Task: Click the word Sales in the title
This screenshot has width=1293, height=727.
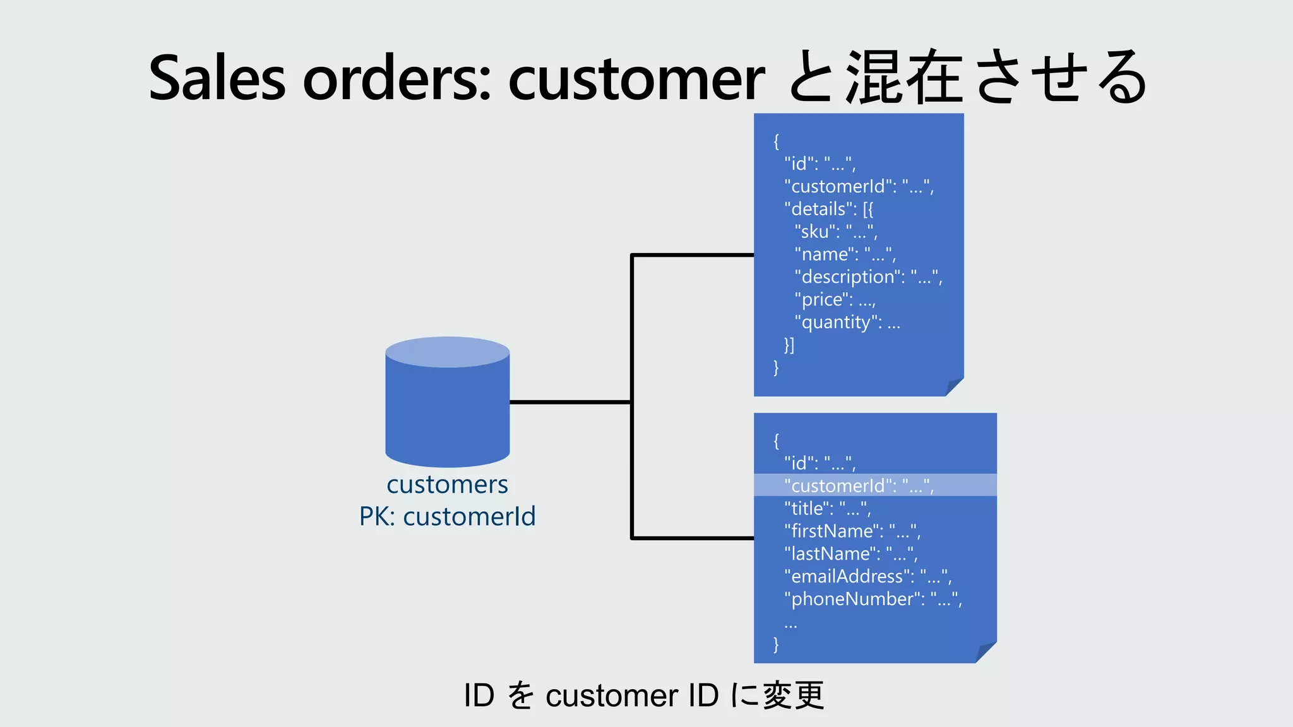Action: (217, 78)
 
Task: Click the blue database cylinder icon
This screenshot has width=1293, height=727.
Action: (447, 402)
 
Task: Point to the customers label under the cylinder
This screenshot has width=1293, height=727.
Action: (447, 485)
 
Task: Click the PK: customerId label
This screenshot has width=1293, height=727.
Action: (447, 517)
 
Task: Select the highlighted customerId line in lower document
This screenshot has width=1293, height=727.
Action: (859, 485)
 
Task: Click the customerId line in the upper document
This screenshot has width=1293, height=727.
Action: (859, 187)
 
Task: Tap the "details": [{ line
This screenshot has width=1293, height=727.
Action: (828, 209)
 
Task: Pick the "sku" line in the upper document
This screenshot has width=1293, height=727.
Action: (836, 232)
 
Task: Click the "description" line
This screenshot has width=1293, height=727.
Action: (868, 277)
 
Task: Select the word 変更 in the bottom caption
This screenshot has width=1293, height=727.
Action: (793, 695)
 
